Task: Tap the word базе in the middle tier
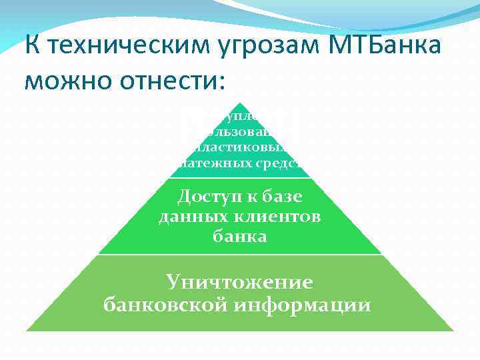point(279,197)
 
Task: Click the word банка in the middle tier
point(239,236)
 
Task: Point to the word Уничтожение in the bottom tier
point(239,282)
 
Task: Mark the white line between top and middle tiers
point(239,178)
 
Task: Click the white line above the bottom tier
point(239,254)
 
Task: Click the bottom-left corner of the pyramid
point(27,331)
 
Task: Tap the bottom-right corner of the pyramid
point(453,331)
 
